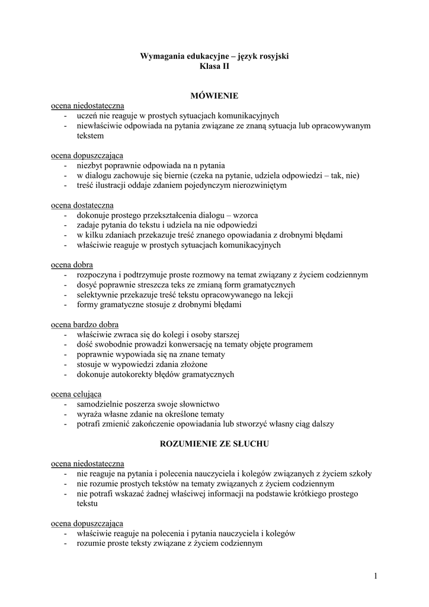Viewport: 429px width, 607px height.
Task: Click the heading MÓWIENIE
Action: [214, 95]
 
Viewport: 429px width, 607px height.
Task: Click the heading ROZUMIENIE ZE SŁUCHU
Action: [214, 443]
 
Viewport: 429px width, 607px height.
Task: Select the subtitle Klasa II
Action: [214, 68]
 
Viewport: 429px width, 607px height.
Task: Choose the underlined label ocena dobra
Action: [72, 264]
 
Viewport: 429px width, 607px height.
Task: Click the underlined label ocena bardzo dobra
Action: [84, 324]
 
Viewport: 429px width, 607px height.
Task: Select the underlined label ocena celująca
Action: [76, 394]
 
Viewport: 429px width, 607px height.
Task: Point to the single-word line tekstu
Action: [87, 504]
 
